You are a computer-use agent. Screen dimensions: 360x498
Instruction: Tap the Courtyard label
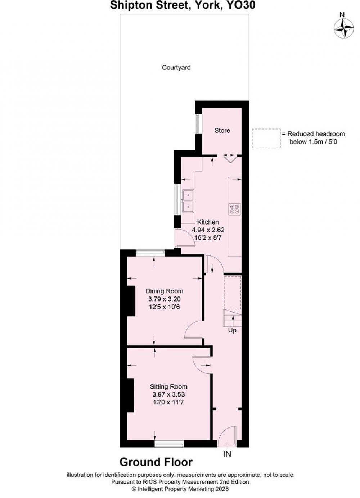point(176,68)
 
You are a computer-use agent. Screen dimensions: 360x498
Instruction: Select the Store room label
point(222,131)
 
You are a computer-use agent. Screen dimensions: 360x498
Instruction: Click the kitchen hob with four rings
point(234,209)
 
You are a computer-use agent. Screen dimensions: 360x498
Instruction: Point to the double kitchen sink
point(188,201)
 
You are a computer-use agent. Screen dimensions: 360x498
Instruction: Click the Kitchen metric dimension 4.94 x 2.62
point(208,230)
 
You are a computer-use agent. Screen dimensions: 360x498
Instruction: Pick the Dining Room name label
point(165,291)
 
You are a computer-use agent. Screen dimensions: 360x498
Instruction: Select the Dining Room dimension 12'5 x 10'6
point(165,307)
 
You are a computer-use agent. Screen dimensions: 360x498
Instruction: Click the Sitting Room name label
point(168,386)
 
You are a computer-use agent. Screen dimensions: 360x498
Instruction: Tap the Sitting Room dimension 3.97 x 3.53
point(168,394)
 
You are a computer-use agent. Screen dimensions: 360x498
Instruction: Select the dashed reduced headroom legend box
point(266,138)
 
